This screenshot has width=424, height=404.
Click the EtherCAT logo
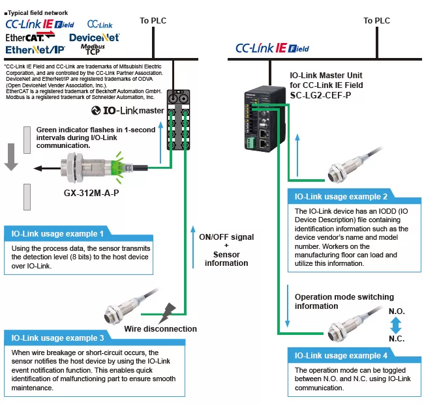[x=29, y=37]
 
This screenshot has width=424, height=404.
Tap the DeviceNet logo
[x=94, y=38]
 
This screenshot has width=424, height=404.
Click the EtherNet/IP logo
[x=35, y=50]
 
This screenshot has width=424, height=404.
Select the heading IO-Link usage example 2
[x=341, y=196]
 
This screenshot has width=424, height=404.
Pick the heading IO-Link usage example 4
[x=341, y=355]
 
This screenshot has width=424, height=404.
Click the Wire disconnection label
[x=160, y=328]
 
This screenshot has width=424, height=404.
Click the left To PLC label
[x=153, y=21]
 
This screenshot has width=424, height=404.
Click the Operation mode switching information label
[x=335, y=301]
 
